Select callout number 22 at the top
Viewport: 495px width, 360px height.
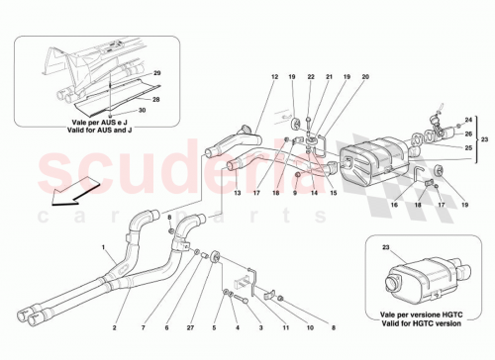(311, 77)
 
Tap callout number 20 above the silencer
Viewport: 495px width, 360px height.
(366, 77)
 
